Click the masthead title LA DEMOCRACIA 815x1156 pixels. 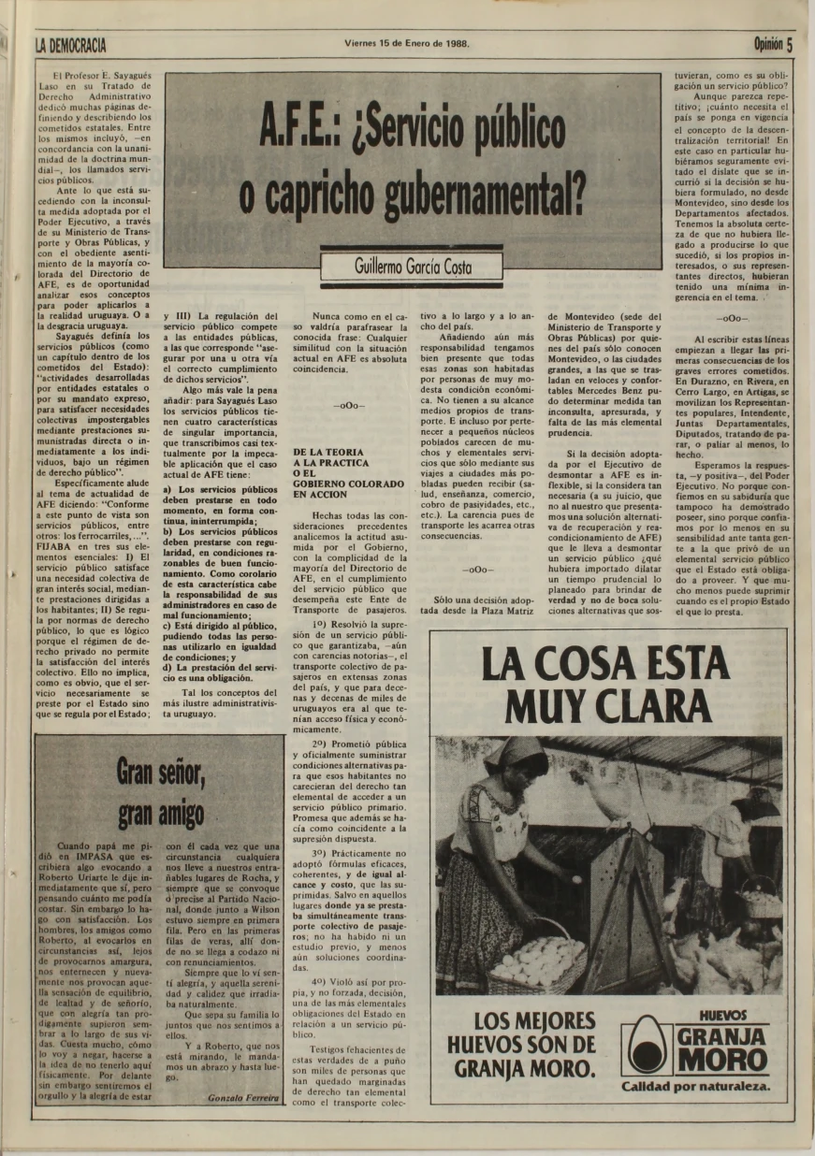coord(70,44)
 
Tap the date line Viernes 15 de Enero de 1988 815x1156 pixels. coord(406,43)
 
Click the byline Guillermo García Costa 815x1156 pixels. coord(413,267)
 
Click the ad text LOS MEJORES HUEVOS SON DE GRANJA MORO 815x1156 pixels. coord(521,1044)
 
